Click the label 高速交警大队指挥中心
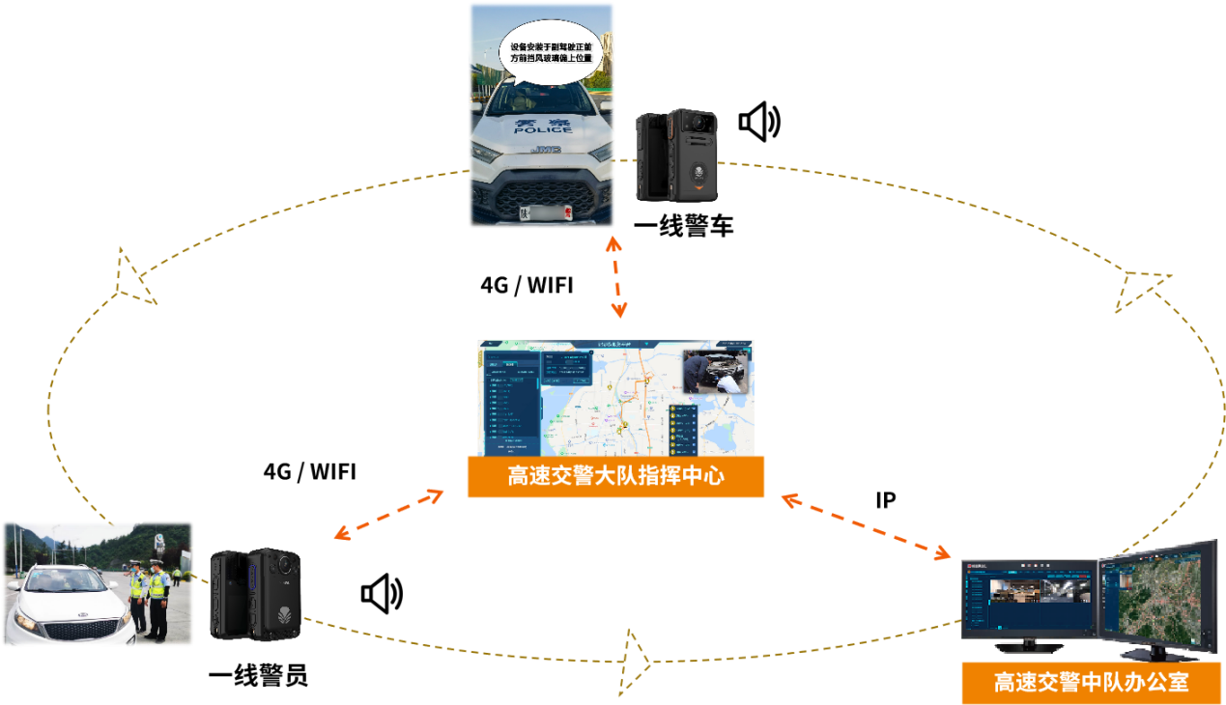tap(615, 476)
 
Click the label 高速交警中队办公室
tap(1092, 683)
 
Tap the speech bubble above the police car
tap(550, 52)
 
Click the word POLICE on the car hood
tap(542, 129)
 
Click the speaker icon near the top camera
tap(758, 121)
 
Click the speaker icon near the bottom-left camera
tap(381, 593)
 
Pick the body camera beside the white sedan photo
tap(256, 595)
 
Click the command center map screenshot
tap(615, 398)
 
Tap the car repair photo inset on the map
tap(716, 371)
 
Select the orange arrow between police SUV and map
tap(615, 275)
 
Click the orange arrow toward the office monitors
tap(866, 526)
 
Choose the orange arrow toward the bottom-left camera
tap(387, 515)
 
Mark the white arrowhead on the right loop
tap(1140, 289)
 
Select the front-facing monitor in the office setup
tap(1029, 599)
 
